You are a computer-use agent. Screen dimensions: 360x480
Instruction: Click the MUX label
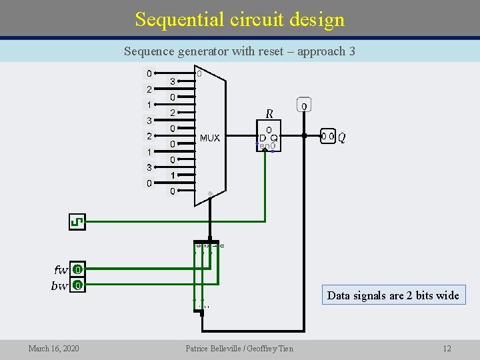(x=209, y=139)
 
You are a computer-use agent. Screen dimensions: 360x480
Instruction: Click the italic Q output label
(x=342, y=137)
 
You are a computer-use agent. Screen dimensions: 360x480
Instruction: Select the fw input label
(x=61, y=270)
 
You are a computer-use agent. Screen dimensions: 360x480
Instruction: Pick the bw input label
(x=60, y=286)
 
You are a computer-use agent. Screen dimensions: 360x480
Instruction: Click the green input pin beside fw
(x=77, y=270)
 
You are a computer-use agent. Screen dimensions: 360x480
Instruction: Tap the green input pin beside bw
(x=77, y=286)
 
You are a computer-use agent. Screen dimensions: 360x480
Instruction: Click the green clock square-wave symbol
(x=77, y=221)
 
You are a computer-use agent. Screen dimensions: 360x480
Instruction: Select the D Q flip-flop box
(x=269, y=137)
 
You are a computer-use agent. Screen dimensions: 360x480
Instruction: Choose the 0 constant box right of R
(x=304, y=106)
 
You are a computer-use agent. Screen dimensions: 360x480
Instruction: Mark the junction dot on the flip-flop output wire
(x=304, y=136)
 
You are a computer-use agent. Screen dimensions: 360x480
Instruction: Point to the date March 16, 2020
(x=53, y=348)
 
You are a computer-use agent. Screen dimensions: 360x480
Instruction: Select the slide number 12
(x=447, y=348)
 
